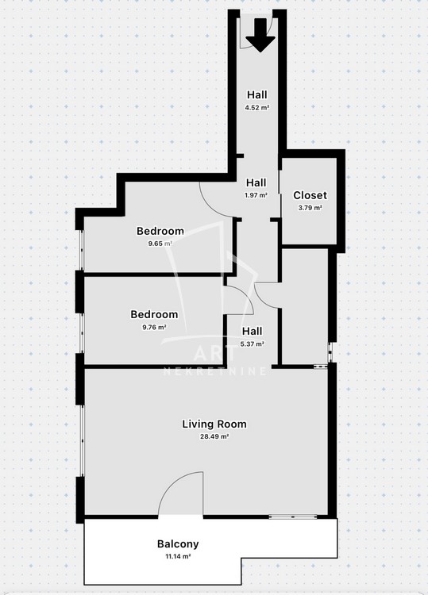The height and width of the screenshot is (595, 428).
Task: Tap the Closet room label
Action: pyautogui.click(x=310, y=195)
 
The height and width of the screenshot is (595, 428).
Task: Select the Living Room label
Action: pyautogui.click(x=214, y=424)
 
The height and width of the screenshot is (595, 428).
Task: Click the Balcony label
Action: pyautogui.click(x=178, y=543)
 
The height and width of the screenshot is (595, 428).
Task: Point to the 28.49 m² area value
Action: pyautogui.click(x=214, y=436)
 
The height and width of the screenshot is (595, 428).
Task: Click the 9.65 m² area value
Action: pyautogui.click(x=160, y=244)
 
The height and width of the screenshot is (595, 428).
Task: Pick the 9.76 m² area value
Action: pyautogui.click(x=154, y=327)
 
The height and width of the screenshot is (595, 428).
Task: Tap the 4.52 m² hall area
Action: pyautogui.click(x=257, y=107)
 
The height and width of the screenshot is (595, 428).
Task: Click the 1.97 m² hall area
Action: pyautogui.click(x=256, y=195)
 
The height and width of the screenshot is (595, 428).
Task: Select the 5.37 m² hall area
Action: pyautogui.click(x=253, y=344)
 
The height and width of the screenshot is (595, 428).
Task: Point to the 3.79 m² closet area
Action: pyautogui.click(x=310, y=208)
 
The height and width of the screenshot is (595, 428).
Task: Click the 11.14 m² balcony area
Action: pyautogui.click(x=178, y=557)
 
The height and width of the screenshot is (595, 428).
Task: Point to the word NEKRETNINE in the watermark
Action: pyautogui.click(x=215, y=371)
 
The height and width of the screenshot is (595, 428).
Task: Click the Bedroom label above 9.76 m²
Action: pyautogui.click(x=154, y=314)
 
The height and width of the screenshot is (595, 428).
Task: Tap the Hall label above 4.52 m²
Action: pyautogui.click(x=257, y=94)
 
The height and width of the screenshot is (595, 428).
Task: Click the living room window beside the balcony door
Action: pyautogui.click(x=293, y=516)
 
